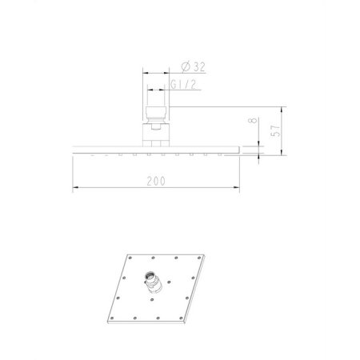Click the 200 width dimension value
[x=157, y=181]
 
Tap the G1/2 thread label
[x=183, y=83]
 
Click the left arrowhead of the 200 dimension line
[x=76, y=189]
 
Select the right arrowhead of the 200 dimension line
[x=238, y=189]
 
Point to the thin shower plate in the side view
[x=157, y=147]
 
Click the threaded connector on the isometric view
[x=151, y=281]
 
